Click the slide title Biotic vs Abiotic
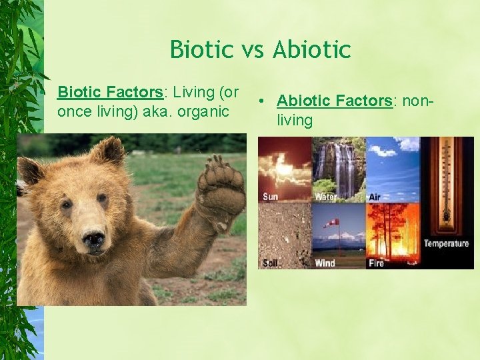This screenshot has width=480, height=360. tap(260, 49)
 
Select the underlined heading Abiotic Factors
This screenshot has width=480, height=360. tap(334, 101)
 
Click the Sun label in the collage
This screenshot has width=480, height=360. tap(271, 197)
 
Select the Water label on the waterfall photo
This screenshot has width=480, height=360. tap(325, 197)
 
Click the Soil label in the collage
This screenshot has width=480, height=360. tap(270, 263)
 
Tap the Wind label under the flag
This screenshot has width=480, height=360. tap(325, 263)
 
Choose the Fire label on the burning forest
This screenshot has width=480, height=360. tap(376, 263)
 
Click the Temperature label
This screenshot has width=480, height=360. tap(446, 243)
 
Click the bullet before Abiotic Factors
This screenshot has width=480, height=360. tap(264, 102)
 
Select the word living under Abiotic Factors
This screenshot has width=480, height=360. tap(295, 121)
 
